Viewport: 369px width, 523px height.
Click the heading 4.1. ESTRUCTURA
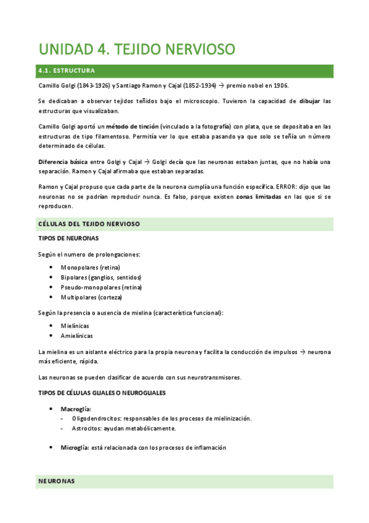[66, 71]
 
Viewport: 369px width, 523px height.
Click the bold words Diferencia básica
[62, 162]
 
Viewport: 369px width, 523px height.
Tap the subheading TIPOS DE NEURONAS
[68, 238]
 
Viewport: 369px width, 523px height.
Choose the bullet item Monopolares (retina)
[91, 267]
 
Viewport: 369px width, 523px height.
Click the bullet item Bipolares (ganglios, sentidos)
[101, 277]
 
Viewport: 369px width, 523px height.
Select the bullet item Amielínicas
[77, 336]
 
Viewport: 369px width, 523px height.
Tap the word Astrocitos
[87, 428]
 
